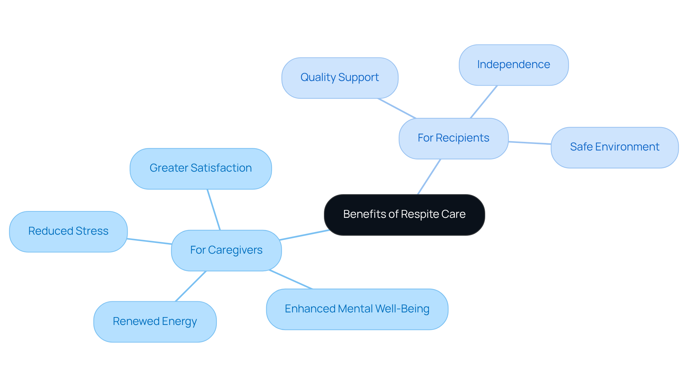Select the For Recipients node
(453, 138)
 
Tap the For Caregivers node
(226, 250)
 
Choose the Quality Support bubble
(339, 78)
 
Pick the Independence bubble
(513, 65)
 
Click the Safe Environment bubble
(614, 147)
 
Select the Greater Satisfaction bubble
(200, 168)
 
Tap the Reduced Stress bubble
(68, 231)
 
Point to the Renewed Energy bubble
(154, 321)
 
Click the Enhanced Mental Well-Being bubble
(357, 309)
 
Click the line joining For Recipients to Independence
(484, 102)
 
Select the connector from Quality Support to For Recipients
(397, 108)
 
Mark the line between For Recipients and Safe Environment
(530, 143)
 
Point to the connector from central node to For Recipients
(429, 177)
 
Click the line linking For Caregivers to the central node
(304, 235)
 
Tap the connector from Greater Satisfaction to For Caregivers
(214, 210)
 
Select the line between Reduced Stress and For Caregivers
(149, 241)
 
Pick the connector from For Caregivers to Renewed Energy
(191, 286)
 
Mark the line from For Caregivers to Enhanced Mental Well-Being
(291, 279)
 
